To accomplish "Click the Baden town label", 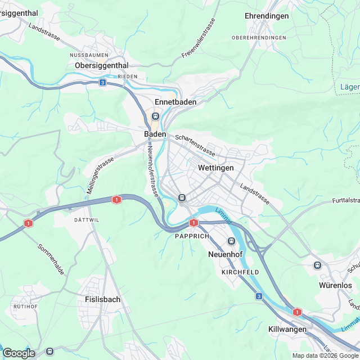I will coord(155,134).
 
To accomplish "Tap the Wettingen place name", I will coord(215,168).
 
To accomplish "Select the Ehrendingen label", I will coord(267,16).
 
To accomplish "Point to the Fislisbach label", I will coord(102,299).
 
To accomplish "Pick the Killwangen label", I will coord(287,329).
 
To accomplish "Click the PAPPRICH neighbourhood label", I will coord(191,236).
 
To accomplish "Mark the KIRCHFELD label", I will coord(240,272).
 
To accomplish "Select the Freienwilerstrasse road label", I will coord(199,39).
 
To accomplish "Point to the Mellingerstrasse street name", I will coord(100,175).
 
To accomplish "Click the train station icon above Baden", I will coord(155,116).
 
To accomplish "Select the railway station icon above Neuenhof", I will coord(231,241).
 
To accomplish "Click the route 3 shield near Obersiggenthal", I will coord(102,82).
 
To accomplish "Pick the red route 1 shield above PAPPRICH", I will coord(194,223).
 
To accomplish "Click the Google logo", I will coord(19,353).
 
